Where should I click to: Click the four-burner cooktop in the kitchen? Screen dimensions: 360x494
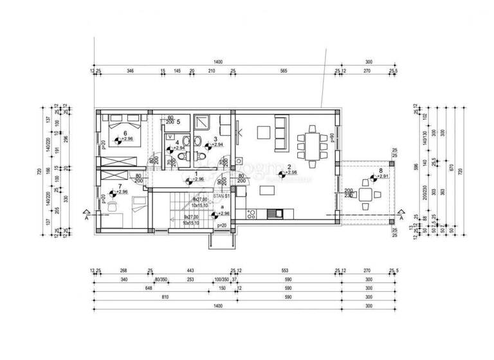tap(253, 214)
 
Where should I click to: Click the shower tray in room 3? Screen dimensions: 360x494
tap(203, 122)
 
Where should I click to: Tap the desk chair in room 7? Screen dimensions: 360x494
tap(113, 206)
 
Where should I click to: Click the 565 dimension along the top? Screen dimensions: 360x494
tap(284, 72)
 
